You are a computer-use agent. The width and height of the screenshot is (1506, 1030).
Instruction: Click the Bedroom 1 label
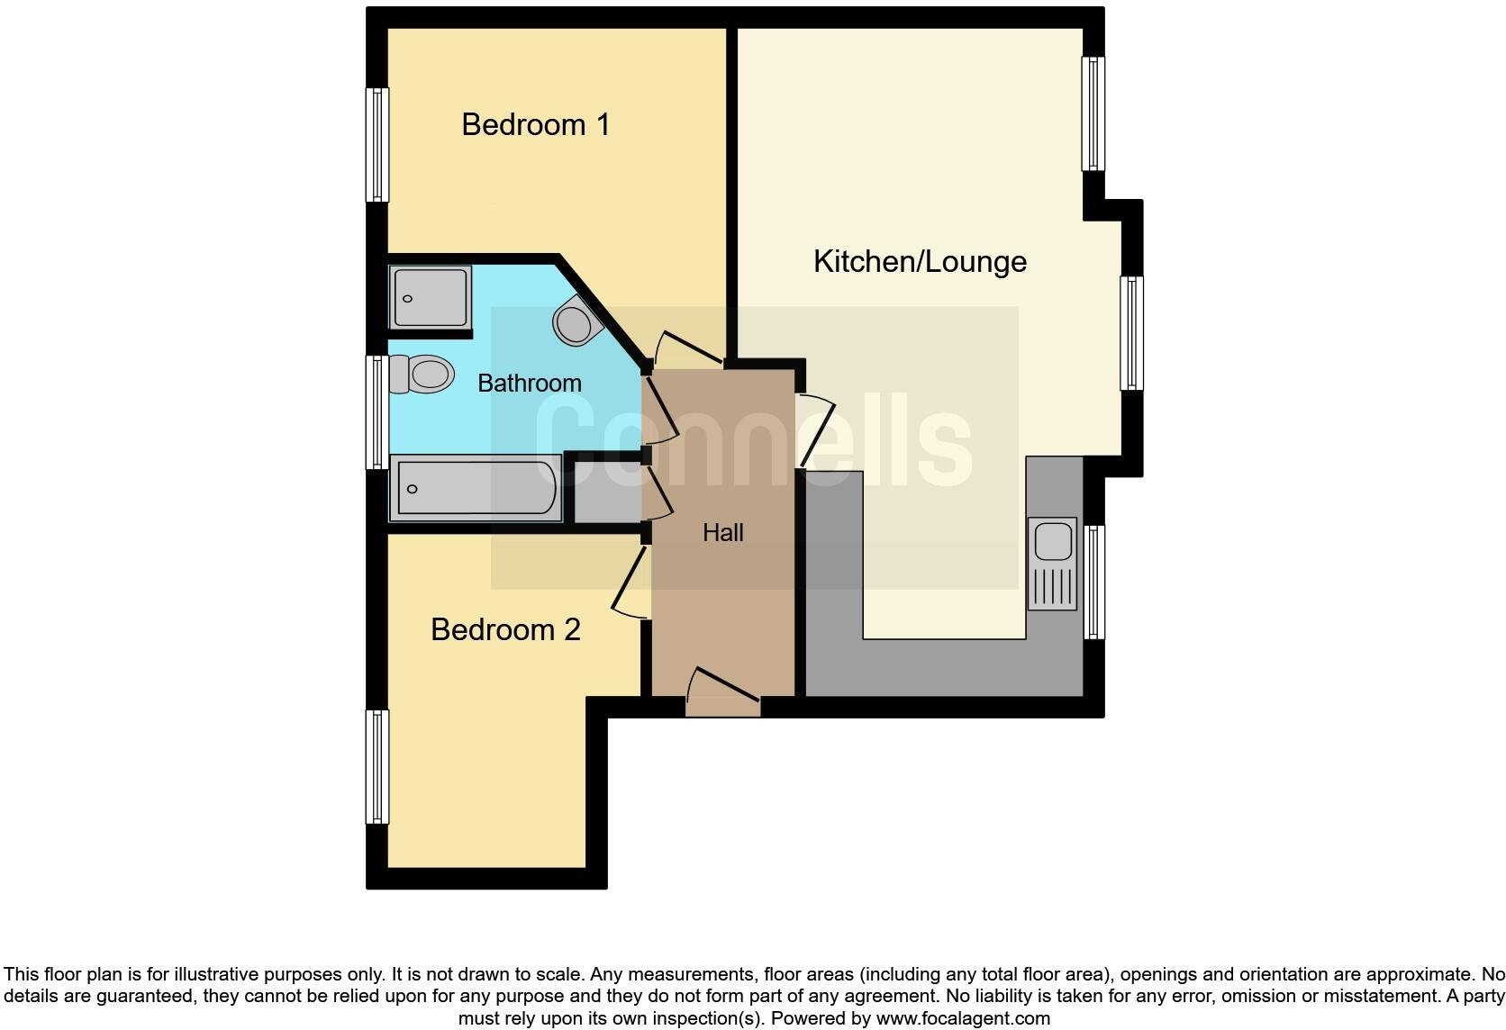(x=536, y=124)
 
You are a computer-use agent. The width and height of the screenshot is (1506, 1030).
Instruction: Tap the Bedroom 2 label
(x=505, y=629)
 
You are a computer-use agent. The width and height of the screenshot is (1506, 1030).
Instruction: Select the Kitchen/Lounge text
(x=920, y=262)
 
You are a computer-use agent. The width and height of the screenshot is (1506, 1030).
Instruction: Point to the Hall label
(x=723, y=533)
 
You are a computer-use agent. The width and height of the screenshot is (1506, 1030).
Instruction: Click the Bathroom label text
(x=529, y=384)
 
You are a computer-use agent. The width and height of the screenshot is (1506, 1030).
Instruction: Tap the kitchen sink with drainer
(x=1052, y=564)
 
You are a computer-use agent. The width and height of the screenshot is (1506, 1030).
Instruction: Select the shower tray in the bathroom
(x=431, y=296)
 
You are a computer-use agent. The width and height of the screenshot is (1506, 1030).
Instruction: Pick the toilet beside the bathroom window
(x=422, y=374)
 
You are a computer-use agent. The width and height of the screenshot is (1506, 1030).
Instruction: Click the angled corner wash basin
(x=576, y=321)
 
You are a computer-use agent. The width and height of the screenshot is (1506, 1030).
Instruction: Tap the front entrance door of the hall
(x=723, y=691)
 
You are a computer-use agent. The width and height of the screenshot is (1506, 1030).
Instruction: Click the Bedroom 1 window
(x=377, y=144)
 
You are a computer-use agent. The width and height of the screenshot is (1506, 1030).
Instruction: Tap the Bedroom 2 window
(x=377, y=766)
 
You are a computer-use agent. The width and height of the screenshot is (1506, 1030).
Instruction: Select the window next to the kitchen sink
(x=1094, y=582)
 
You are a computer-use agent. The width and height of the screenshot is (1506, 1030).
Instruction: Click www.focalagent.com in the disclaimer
(x=962, y=1019)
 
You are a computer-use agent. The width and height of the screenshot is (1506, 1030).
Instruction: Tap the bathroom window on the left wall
(x=377, y=411)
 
